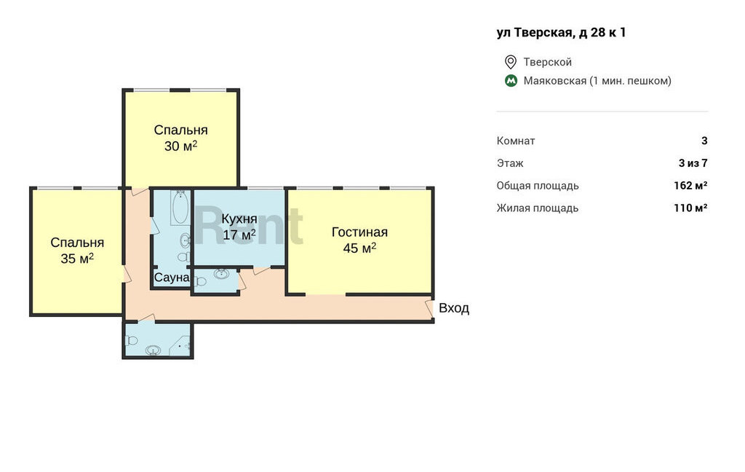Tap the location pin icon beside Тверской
click(510, 62)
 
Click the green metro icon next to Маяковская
click(511, 81)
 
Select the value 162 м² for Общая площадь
click(690, 186)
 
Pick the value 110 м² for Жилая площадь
click(690, 208)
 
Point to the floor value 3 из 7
click(693, 163)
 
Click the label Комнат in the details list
click(516, 141)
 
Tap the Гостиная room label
click(359, 232)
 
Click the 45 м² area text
click(359, 248)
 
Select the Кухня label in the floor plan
click(239, 219)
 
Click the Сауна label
click(172, 278)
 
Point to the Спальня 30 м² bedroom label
click(180, 138)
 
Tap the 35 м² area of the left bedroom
click(77, 259)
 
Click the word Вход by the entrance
click(454, 308)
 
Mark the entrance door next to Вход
click(429, 308)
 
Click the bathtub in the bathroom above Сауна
click(180, 208)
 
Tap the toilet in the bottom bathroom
click(131, 340)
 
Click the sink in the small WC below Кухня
click(221, 274)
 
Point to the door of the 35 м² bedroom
click(127, 275)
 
